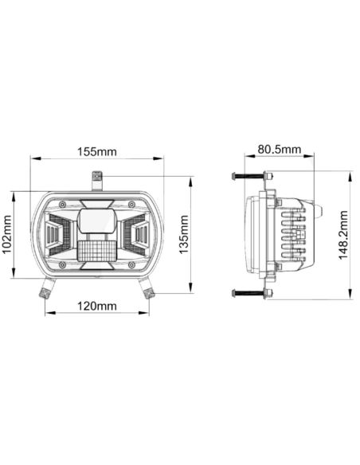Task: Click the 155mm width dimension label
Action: point(96,150)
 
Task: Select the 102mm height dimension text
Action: point(7,235)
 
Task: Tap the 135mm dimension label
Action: point(184,232)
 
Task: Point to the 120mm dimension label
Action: point(96,306)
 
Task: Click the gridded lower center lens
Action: point(96,251)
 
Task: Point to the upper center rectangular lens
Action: point(96,217)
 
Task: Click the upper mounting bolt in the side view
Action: point(251,176)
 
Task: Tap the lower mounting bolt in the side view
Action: point(251,293)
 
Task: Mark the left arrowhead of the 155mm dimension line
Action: point(33,158)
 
